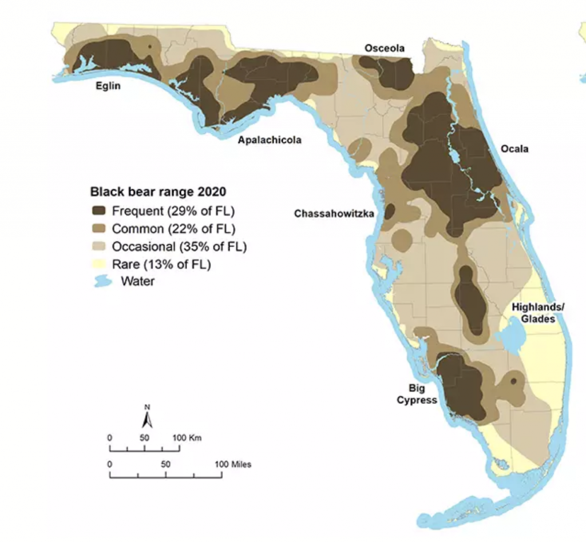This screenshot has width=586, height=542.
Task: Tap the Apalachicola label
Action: click(270, 140)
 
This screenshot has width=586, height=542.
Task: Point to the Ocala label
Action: click(514, 149)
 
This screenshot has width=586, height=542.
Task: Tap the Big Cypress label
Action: click(417, 394)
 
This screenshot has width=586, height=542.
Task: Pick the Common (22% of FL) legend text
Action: click(173, 229)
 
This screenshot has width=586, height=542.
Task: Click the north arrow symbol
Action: click(147, 419)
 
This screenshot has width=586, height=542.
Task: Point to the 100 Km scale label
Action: click(187, 437)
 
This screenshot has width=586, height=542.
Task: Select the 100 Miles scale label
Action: click(232, 464)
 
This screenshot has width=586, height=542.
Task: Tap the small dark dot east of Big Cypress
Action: click(513, 381)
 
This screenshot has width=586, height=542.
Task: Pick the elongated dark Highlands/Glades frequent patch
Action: click(470, 300)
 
